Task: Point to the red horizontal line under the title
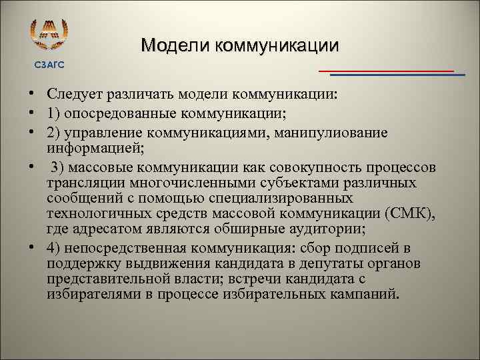[386, 70]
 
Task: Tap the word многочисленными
[187, 182]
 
